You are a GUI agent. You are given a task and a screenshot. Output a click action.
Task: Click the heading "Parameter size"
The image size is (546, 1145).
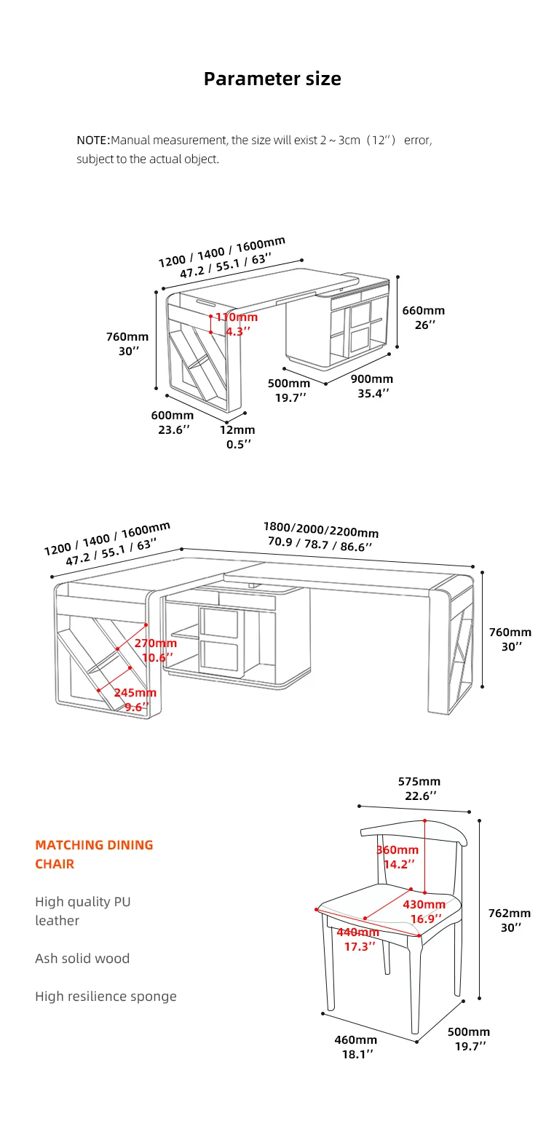click(272, 79)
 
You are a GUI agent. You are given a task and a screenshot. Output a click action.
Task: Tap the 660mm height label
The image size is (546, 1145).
click(423, 311)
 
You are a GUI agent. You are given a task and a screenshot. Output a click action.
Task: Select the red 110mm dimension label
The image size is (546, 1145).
click(237, 317)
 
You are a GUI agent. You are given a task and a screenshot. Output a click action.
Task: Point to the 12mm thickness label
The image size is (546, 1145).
click(238, 430)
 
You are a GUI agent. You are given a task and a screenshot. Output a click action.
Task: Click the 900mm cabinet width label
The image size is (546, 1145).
click(372, 379)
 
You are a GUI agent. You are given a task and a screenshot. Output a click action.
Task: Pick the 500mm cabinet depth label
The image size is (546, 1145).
click(289, 384)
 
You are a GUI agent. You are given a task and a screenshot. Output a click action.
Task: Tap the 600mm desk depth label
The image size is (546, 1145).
click(173, 416)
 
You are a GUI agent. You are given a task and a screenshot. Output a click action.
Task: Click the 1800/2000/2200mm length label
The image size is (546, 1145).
click(320, 530)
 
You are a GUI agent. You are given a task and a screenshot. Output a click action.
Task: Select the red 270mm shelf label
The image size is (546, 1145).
click(155, 643)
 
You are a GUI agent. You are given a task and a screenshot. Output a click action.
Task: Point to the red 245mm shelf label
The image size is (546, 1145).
click(135, 693)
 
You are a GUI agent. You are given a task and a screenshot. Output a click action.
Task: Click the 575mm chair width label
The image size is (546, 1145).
click(419, 782)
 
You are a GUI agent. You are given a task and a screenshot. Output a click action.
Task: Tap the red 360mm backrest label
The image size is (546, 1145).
click(397, 850)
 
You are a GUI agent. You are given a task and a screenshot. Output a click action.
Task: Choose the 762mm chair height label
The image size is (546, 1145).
click(509, 914)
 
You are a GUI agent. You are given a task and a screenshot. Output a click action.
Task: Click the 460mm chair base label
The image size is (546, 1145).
click(356, 1040)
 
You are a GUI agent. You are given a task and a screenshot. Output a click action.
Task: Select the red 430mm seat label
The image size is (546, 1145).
click(424, 905)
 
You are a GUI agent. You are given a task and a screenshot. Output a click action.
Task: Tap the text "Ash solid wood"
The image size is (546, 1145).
click(82, 959)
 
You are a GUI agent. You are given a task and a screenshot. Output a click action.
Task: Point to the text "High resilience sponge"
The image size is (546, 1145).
click(106, 997)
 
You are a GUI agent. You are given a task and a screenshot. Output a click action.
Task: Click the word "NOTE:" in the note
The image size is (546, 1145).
click(93, 140)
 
